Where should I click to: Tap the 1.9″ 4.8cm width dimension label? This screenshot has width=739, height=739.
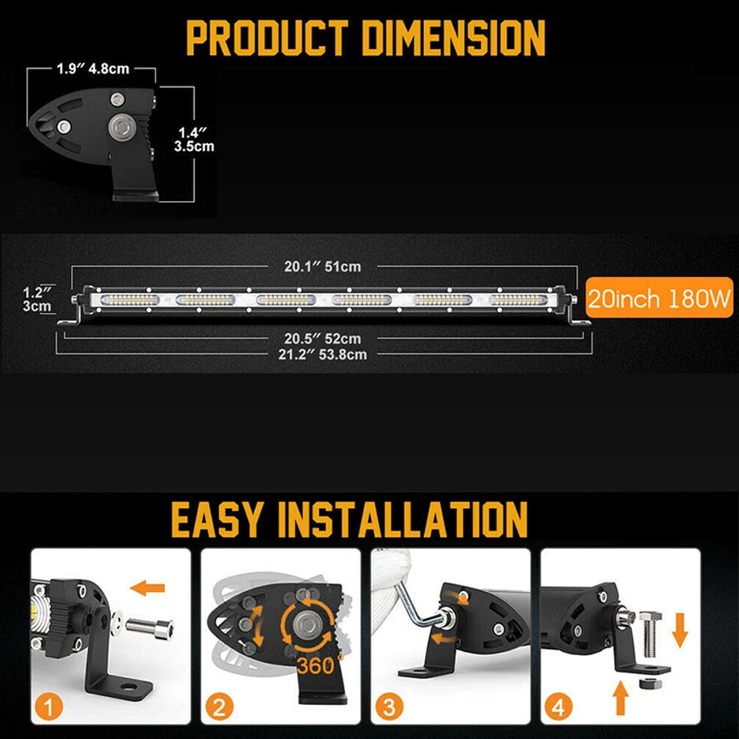[92, 69]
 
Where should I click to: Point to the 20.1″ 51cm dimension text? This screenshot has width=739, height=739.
[323, 266]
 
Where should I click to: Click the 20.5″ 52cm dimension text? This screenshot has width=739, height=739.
[323, 339]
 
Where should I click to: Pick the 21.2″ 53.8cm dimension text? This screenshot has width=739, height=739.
[323, 354]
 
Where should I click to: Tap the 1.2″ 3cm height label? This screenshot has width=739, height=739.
[35, 299]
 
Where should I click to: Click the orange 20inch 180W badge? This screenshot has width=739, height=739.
[659, 298]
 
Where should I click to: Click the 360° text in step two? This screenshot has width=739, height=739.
[316, 664]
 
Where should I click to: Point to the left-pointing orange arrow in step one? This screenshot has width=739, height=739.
[147, 588]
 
